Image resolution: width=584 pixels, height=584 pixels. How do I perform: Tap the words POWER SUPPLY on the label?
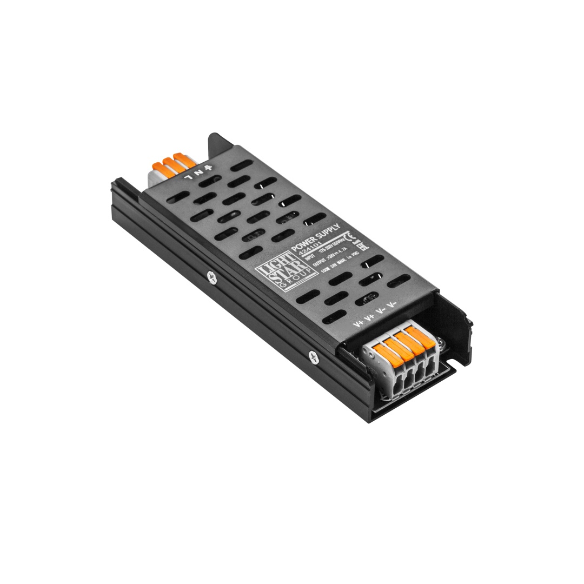pyautogui.click(x=315, y=236)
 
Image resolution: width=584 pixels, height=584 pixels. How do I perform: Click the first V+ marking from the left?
pyautogui.click(x=358, y=325)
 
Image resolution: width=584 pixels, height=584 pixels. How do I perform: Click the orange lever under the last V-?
pyautogui.click(x=416, y=334)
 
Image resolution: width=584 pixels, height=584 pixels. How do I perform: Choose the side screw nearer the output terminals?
pyautogui.click(x=312, y=356)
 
